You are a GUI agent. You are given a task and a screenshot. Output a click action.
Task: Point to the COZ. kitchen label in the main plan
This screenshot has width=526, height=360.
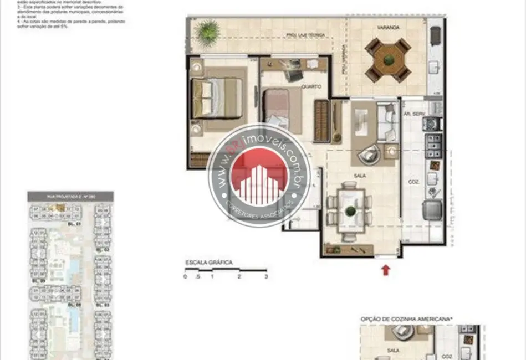pos(413,181)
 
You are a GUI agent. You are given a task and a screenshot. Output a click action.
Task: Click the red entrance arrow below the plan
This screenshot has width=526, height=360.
pos(386,270)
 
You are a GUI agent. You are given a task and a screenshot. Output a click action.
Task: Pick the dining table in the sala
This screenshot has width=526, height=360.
pos(350,210)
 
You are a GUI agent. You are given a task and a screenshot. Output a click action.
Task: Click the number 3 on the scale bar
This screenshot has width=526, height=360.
pos(266,276)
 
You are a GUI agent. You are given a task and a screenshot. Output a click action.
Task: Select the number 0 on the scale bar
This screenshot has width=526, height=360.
pos(186,276)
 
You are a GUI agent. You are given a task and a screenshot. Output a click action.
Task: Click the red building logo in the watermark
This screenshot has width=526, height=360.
pos(259,183)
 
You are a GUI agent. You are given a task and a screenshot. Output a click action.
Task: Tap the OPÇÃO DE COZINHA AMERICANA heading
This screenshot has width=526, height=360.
pos(406,318)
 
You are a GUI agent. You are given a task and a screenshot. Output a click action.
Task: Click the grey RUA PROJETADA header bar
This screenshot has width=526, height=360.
pos(70,196)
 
